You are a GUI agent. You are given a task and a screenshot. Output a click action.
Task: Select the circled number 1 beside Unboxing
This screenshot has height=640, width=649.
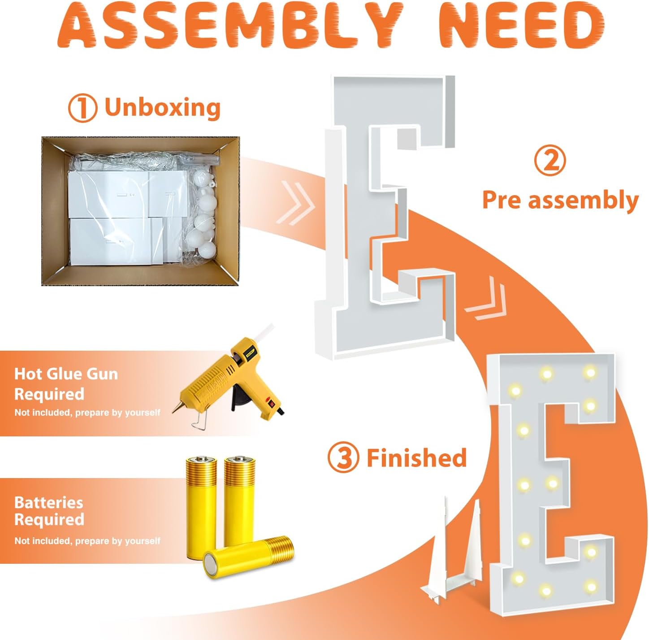[83, 108]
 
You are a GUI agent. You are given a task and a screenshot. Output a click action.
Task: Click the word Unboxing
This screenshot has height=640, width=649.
[162, 107]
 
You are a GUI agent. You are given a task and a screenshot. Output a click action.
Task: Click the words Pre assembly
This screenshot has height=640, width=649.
[560, 200]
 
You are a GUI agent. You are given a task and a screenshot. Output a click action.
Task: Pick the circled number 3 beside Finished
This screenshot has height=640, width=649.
[343, 457]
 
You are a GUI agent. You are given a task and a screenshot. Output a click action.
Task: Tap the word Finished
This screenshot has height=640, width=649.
[417, 457]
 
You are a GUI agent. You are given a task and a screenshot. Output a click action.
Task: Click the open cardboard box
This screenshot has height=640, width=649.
[140, 211]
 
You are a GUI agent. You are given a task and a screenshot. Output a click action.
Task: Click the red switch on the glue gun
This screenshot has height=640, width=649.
[269, 401]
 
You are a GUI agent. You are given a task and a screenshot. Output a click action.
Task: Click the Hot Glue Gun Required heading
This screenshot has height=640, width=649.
[66, 384]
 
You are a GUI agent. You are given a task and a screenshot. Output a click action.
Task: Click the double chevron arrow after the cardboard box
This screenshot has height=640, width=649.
[295, 203]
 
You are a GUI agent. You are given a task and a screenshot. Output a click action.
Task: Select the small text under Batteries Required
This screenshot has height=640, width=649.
[87, 541]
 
